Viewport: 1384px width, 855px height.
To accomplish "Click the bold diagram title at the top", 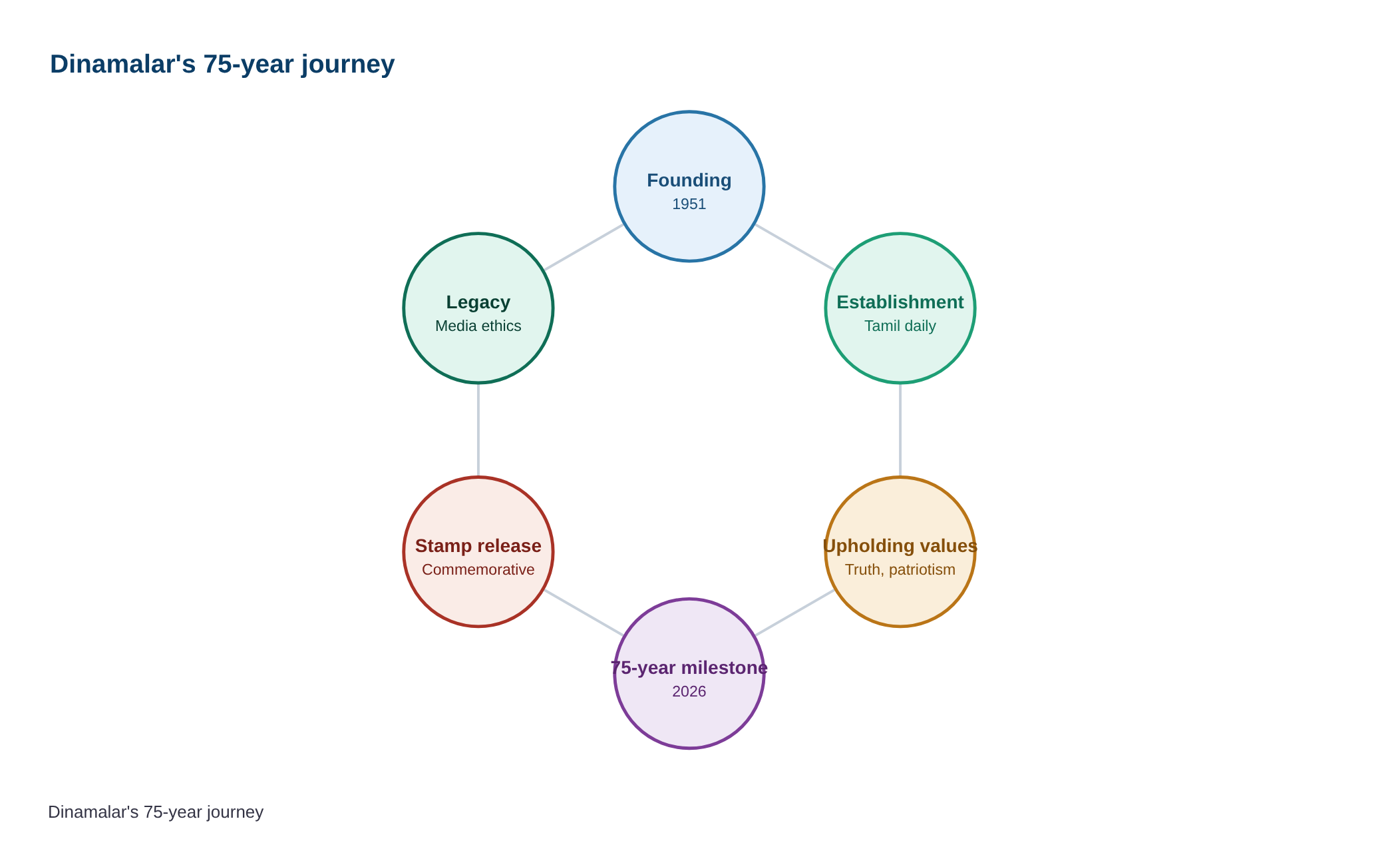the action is point(222,64).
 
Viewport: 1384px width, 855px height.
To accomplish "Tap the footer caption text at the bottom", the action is point(156,812).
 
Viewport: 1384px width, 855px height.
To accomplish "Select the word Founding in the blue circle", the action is point(689,180).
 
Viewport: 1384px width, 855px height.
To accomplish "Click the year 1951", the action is point(689,204).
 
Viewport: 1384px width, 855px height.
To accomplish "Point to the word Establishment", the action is point(900,302).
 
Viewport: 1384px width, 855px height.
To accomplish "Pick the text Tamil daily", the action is point(900,326).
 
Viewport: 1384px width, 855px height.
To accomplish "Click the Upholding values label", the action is point(900,546).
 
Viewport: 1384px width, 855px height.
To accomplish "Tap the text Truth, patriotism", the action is point(900,570).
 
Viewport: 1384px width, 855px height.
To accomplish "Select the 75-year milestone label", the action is point(689,668).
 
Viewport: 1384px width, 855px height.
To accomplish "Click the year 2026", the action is point(689,691).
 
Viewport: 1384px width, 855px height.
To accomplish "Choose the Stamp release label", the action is point(478,546).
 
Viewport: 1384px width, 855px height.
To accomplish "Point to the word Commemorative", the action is point(478,570).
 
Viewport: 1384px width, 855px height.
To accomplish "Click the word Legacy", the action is point(478,302).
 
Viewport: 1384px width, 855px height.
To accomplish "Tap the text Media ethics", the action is point(478,326).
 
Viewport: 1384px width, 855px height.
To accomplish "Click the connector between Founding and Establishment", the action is point(794,247).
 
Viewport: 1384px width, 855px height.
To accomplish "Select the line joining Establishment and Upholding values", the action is point(900,430).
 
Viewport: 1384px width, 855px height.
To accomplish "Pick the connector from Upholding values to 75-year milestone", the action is point(794,613).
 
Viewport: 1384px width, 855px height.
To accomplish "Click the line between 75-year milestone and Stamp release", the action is point(584,613).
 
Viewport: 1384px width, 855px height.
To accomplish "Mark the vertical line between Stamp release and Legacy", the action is point(478,430).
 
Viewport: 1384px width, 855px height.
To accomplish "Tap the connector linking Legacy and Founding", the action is point(584,247).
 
